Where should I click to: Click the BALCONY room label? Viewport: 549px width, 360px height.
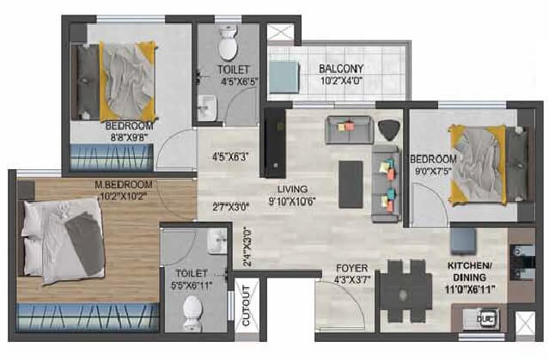(x=342, y=68)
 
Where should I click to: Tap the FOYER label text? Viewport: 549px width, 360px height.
(x=351, y=268)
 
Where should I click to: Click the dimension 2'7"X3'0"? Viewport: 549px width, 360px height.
(x=229, y=206)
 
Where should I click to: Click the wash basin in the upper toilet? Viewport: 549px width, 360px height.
(x=207, y=108)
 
